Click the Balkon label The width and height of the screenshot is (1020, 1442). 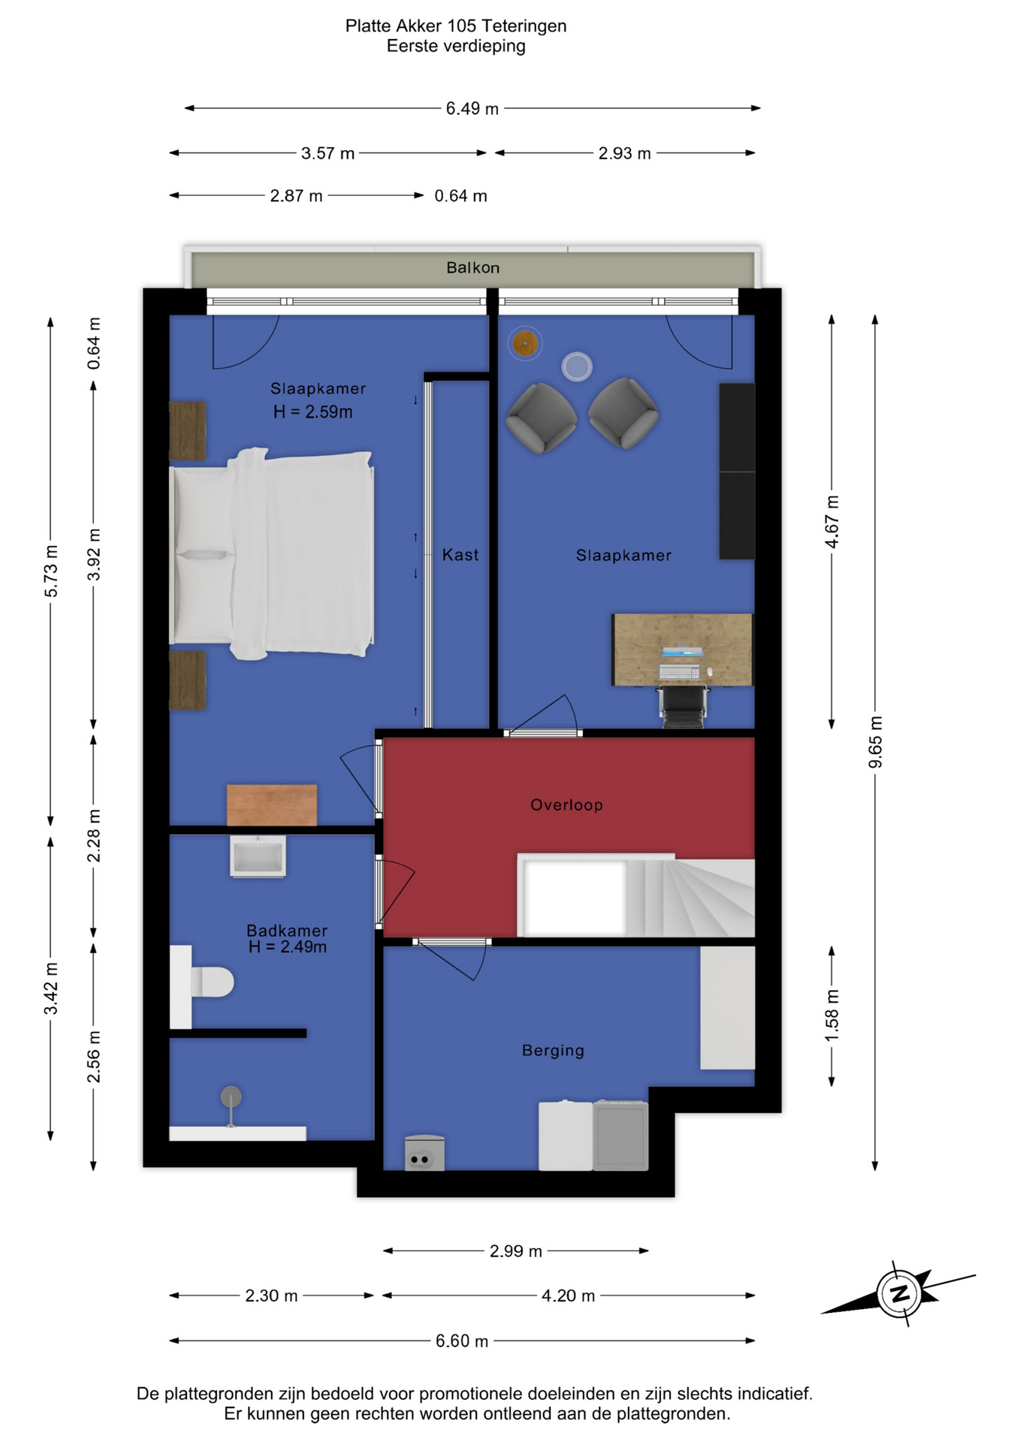(472, 267)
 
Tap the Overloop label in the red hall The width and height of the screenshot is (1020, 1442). (566, 805)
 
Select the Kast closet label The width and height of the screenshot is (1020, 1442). (460, 555)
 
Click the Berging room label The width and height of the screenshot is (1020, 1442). (553, 1051)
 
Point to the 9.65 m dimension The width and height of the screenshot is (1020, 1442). (876, 742)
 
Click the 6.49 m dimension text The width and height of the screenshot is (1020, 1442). (472, 109)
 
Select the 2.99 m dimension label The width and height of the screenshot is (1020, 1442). (516, 1251)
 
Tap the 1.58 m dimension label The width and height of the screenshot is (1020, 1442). (832, 1016)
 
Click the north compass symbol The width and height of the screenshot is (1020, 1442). (899, 1293)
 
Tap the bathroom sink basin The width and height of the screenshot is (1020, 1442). (258, 856)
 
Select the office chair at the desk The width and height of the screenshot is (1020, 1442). (683, 707)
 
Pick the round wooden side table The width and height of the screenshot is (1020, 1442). (525, 344)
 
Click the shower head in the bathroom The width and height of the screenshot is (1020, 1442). (231, 1097)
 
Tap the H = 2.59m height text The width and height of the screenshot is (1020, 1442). (312, 412)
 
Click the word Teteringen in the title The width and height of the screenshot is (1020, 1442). (524, 26)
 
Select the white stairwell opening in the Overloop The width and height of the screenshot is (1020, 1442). (575, 897)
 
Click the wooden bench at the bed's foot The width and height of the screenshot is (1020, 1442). (272, 805)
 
